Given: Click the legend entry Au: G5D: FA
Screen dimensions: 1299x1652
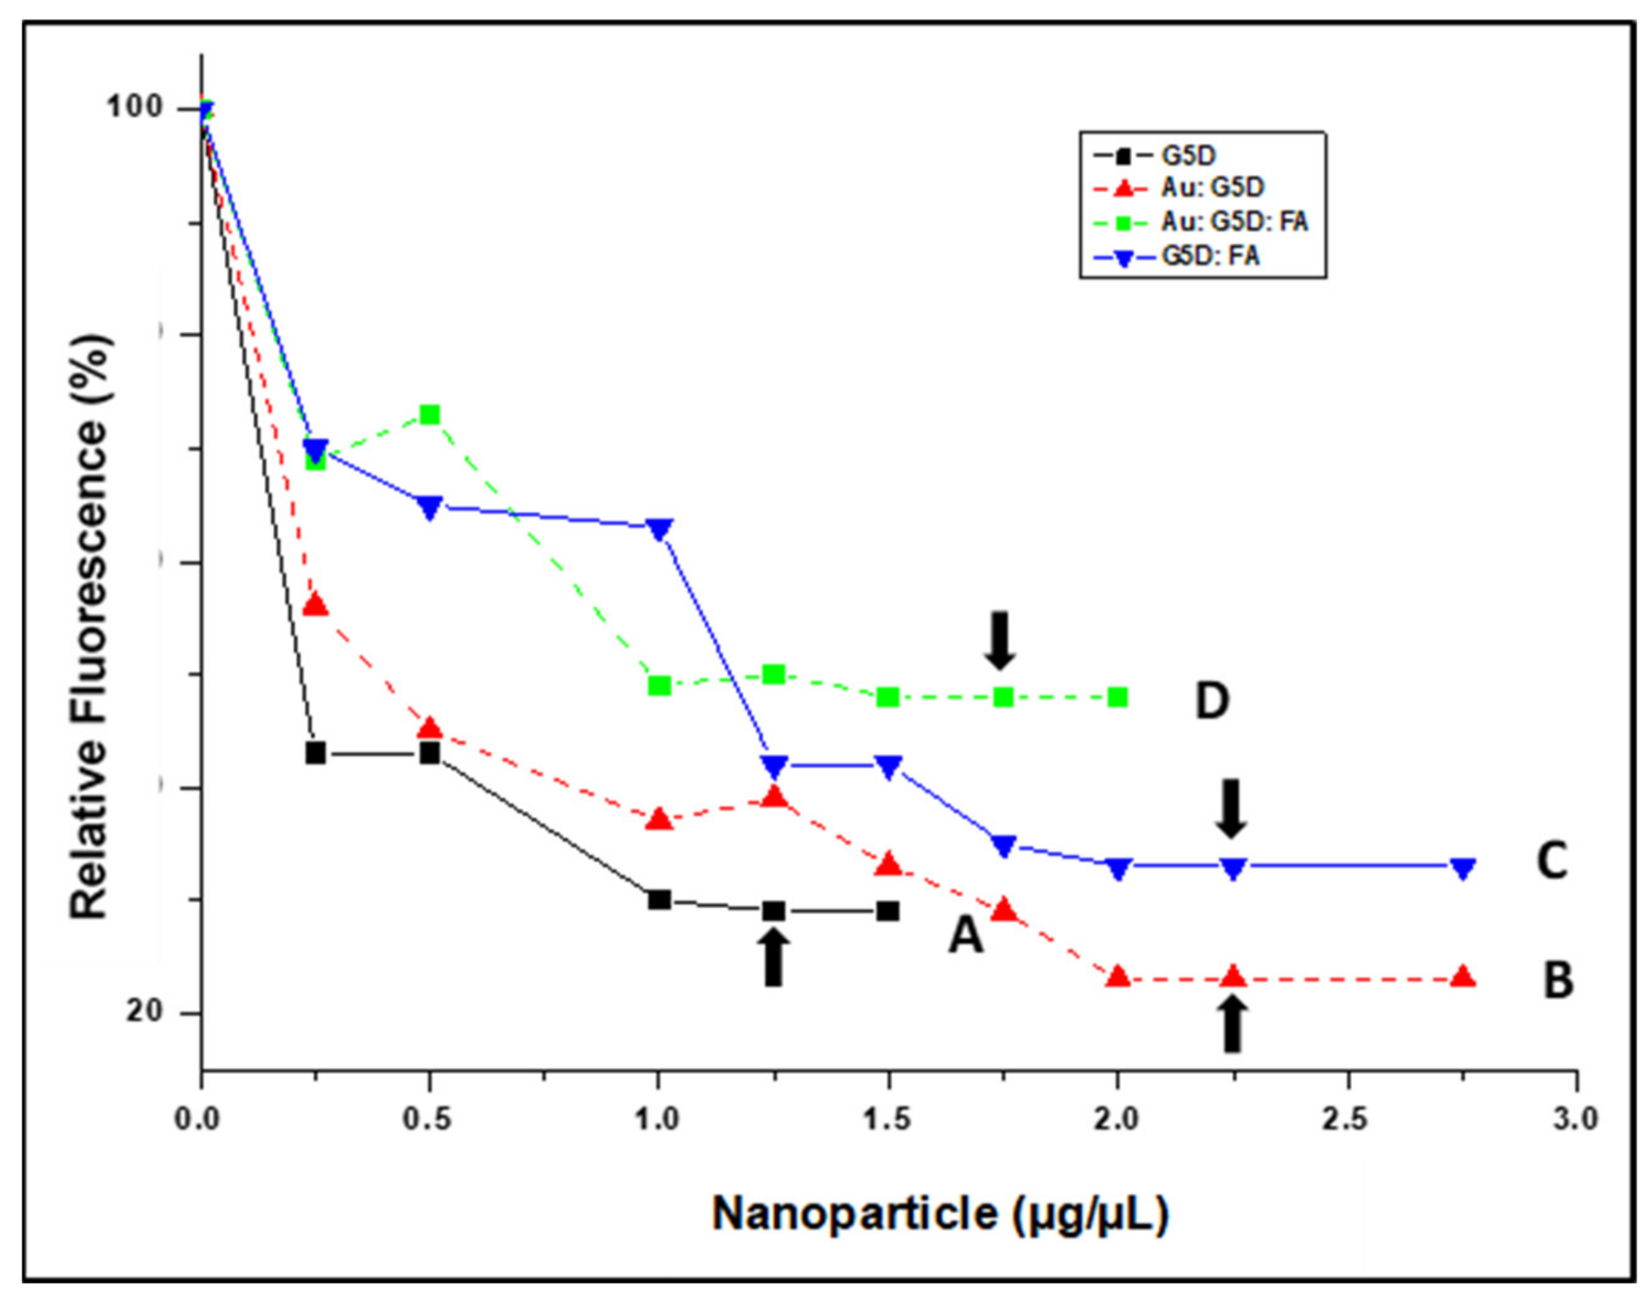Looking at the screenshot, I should [x=1234, y=221].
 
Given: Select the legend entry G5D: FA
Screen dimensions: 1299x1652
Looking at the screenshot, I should [x=1210, y=256].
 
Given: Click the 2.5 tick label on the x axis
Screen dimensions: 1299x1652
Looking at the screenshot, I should [x=1348, y=1119].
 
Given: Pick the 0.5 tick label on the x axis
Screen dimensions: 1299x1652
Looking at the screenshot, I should [x=430, y=1119].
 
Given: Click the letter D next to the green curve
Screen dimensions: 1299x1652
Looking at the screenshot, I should [x=1212, y=700].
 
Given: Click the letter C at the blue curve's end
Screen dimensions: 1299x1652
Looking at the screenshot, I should [x=1552, y=862].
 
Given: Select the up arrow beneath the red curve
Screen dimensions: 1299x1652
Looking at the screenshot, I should [x=1233, y=1025].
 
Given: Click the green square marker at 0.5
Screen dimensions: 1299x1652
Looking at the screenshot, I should [x=430, y=415].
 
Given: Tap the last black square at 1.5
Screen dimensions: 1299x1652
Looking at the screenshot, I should [x=888, y=910].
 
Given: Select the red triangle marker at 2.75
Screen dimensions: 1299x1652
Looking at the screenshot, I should [x=1462, y=977].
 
